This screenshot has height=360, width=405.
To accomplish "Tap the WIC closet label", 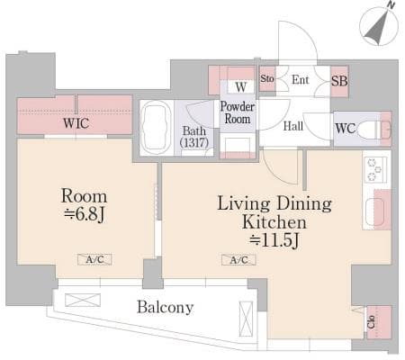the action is [x=76, y=123].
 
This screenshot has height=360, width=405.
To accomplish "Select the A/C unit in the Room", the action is [x=94, y=259].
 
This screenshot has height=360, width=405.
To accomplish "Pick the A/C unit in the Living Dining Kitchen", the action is [x=238, y=260].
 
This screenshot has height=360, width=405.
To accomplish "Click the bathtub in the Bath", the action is [x=156, y=128].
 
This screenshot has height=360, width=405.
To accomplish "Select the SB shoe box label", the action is [x=339, y=81].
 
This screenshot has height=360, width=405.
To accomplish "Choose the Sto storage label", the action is [x=267, y=78].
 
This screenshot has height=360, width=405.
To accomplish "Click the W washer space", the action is [x=241, y=87].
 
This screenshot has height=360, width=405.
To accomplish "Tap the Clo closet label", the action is [x=371, y=322].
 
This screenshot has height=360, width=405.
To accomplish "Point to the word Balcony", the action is [x=166, y=307].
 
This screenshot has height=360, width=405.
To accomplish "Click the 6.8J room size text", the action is [x=85, y=214].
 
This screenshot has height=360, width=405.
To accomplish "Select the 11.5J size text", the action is [x=274, y=240].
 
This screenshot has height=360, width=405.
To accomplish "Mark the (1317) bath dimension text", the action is [x=194, y=142].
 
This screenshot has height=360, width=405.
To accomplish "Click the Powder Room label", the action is [x=238, y=112].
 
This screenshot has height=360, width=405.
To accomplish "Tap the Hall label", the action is [x=293, y=126].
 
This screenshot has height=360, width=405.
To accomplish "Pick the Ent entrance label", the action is [x=301, y=80].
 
